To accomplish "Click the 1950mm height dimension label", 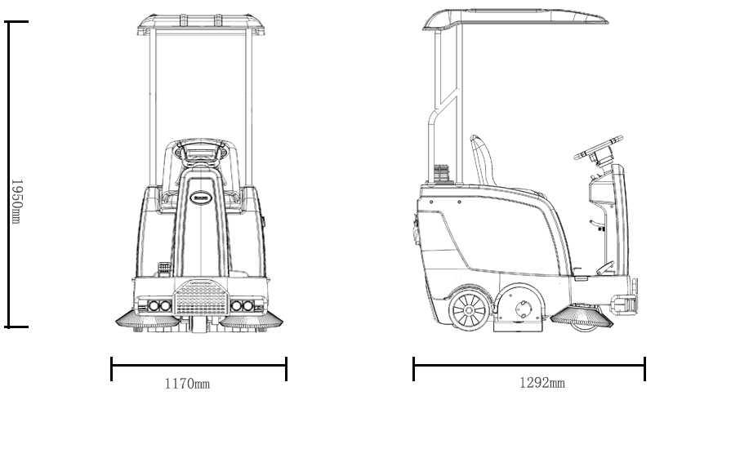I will [x=17, y=200].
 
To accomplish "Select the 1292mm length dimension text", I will [x=542, y=382].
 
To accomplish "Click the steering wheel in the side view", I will [x=598, y=147].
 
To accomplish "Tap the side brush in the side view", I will [x=582, y=318].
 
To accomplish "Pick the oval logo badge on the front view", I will [x=200, y=197].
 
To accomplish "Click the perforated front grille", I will [x=200, y=298].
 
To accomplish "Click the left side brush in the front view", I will [x=149, y=322].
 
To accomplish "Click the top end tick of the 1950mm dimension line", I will [x=16, y=22].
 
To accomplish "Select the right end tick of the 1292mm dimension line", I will [x=644, y=368].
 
